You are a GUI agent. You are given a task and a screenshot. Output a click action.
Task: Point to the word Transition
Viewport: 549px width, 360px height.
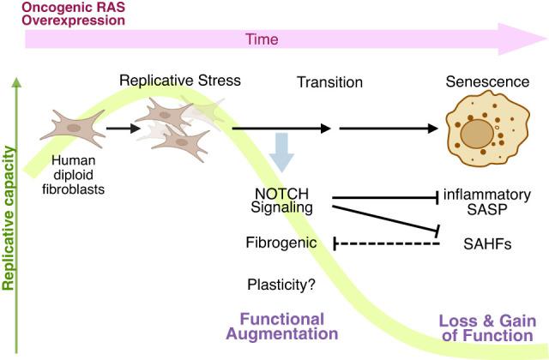(329, 82)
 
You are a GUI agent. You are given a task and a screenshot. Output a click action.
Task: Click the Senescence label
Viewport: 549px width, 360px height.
(486, 82)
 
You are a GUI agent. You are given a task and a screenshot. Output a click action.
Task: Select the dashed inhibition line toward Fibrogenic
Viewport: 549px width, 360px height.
(386, 244)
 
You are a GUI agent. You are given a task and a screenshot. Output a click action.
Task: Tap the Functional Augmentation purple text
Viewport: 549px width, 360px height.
(283, 326)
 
